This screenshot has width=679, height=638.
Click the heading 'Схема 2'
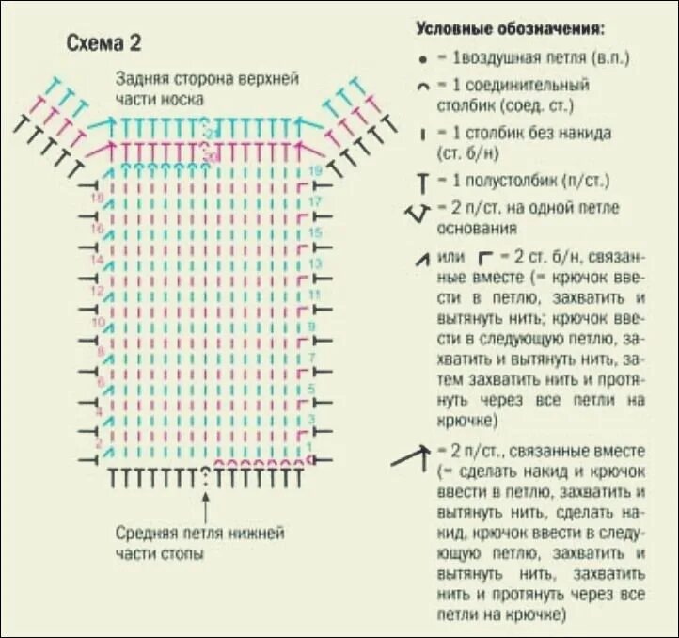(x=103, y=43)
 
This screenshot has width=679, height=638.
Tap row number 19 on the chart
(x=315, y=170)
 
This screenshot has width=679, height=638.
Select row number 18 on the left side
(x=95, y=199)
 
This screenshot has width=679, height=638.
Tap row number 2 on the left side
(x=97, y=443)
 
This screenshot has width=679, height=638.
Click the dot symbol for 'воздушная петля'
(x=424, y=58)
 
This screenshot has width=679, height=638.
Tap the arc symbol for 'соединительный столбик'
(x=424, y=86)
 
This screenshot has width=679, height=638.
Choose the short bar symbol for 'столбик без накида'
(x=424, y=135)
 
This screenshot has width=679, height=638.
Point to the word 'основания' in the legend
(x=470, y=229)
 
